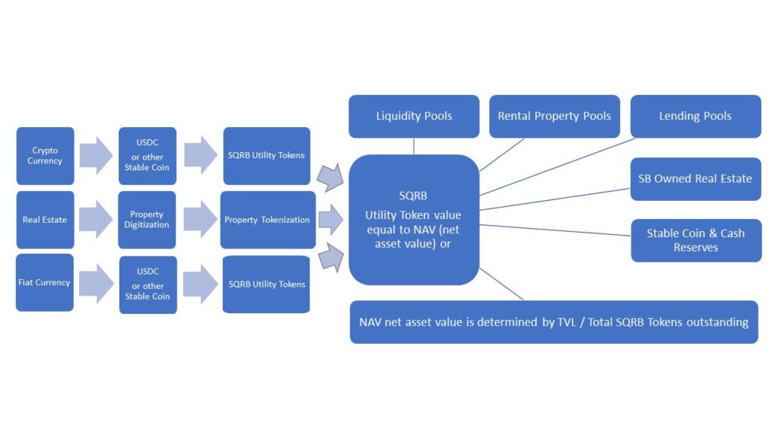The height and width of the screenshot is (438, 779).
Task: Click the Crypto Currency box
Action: click(45, 156)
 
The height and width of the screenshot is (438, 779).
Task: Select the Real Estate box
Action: click(45, 220)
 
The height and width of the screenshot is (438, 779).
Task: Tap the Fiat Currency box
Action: click(44, 282)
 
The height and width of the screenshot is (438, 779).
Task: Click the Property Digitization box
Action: click(147, 220)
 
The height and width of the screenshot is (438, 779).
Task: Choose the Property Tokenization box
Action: click(267, 220)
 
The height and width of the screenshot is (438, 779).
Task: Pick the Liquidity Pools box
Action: click(414, 116)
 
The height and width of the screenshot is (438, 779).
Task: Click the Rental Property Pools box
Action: click(554, 116)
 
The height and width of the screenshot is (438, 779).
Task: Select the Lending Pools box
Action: click(695, 116)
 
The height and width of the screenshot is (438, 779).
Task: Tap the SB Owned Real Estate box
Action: click(695, 179)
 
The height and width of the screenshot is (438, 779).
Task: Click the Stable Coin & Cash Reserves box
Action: click(695, 240)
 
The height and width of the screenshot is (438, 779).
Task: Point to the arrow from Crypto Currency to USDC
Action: click(96, 156)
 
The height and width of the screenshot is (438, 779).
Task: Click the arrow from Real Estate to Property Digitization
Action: click(96, 220)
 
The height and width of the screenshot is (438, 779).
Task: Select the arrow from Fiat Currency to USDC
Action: click(96, 283)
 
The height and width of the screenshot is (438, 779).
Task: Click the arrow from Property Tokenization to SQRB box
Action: click(330, 220)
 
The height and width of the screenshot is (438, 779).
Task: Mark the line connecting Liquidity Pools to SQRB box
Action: click(414, 146)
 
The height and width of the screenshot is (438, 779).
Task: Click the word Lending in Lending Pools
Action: click(680, 116)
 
